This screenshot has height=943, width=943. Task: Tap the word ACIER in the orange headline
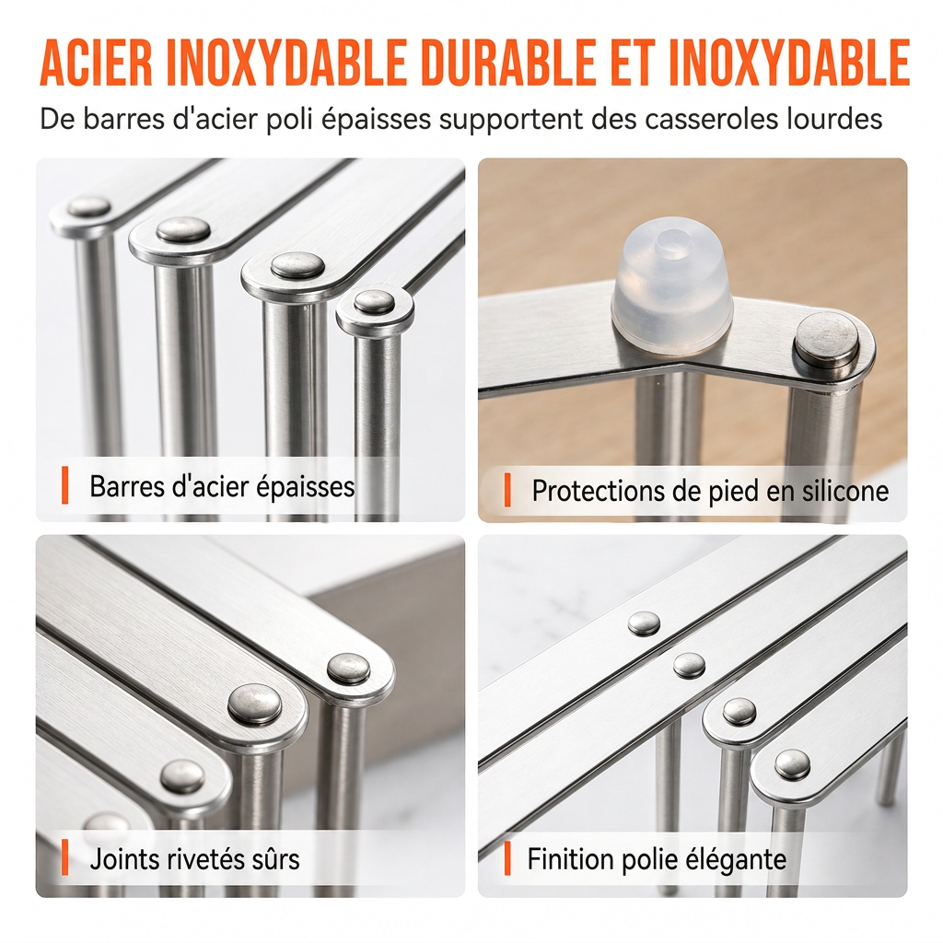tap(96, 63)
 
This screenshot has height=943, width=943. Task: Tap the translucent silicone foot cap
tap(671, 287)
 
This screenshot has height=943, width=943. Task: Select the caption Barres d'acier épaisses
tap(222, 486)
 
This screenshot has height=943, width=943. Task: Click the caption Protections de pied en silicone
tap(710, 491)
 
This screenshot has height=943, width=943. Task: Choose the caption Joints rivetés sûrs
tap(194, 858)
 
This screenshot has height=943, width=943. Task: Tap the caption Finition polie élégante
tap(657, 859)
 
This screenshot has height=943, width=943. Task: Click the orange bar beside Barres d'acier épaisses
tap(65, 484)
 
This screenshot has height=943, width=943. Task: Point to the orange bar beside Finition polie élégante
tap(507, 857)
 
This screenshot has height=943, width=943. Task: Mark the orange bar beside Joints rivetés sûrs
tap(65, 857)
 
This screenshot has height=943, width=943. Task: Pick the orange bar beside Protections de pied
tap(507, 490)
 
